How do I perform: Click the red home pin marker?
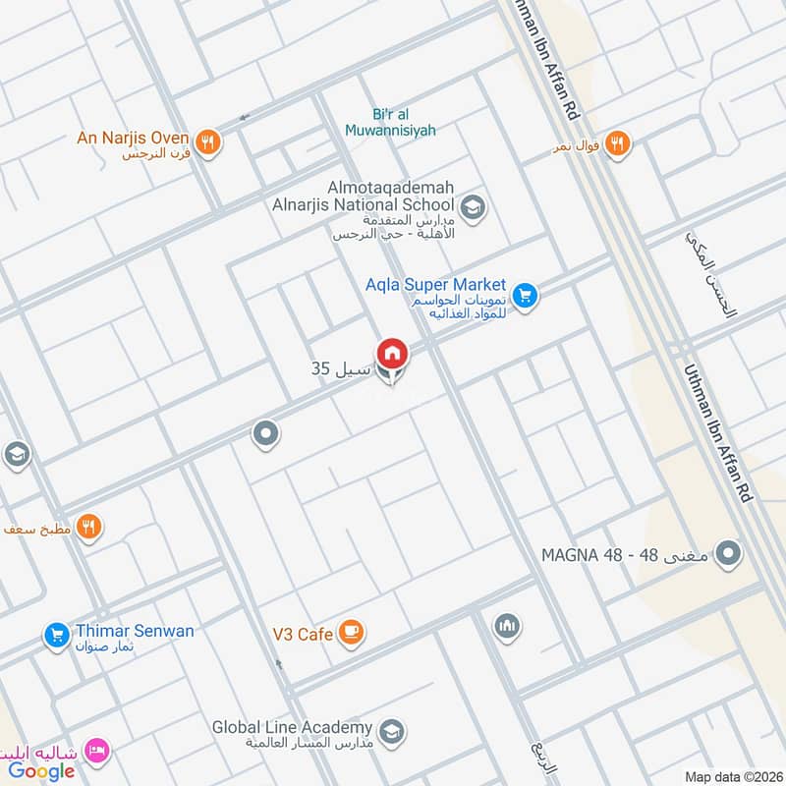(x=391, y=353)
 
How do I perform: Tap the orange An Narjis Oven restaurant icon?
(x=207, y=141)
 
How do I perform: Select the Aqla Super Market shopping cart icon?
(x=525, y=294)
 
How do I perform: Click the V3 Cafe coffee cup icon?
(x=351, y=634)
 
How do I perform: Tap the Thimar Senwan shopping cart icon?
(x=57, y=636)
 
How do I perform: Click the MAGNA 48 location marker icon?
(x=728, y=555)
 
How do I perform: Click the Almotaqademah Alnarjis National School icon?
(x=472, y=208)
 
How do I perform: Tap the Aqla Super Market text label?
(x=448, y=285)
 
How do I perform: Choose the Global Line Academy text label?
(x=292, y=728)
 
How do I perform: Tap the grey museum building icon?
(x=507, y=626)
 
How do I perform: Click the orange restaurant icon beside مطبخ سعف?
(x=89, y=528)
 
